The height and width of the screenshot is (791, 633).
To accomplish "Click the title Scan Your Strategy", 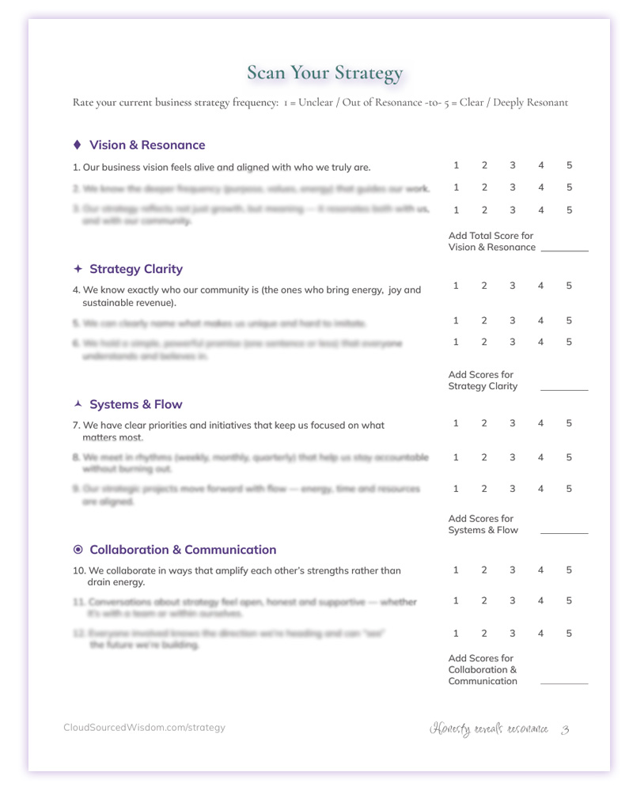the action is click(x=324, y=74).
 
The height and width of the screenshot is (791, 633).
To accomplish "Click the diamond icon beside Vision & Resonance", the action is click(x=77, y=145).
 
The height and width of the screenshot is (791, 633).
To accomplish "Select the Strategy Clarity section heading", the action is click(x=136, y=269).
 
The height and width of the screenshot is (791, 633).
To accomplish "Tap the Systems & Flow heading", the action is click(x=136, y=404).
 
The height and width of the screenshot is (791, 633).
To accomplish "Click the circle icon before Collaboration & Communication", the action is click(x=78, y=550).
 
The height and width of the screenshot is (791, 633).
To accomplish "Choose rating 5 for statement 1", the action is click(x=569, y=165).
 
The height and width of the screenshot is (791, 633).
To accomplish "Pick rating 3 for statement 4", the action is click(x=513, y=286).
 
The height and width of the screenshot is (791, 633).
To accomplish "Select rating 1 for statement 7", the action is click(x=456, y=423).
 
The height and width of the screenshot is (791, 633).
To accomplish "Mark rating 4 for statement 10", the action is click(x=541, y=570).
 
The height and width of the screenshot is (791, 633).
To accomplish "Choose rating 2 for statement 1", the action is click(x=484, y=165).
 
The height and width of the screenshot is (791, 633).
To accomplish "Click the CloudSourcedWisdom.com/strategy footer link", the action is click(x=144, y=728).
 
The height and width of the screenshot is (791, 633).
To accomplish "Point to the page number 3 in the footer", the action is click(x=565, y=729).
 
